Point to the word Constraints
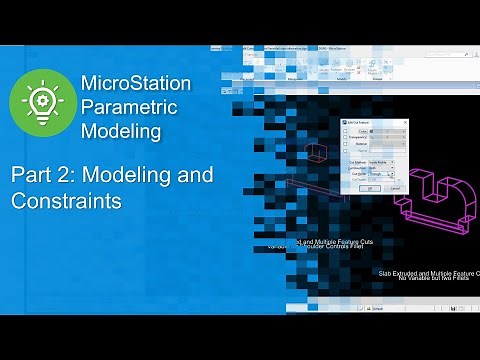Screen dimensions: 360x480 67,201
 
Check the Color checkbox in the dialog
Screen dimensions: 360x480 345,130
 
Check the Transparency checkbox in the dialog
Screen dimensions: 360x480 345,137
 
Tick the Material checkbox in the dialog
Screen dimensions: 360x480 345,144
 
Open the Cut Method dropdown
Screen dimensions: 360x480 388,162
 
